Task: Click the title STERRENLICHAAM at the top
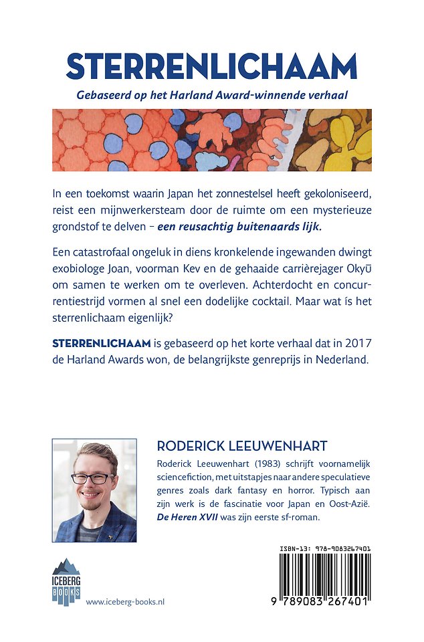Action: click(211, 67)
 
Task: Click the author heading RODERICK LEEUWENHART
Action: click(241, 445)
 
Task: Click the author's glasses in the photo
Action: click(93, 478)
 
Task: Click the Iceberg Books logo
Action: click(66, 581)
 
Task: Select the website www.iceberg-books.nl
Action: click(126, 602)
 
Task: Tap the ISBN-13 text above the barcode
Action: click(325, 548)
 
